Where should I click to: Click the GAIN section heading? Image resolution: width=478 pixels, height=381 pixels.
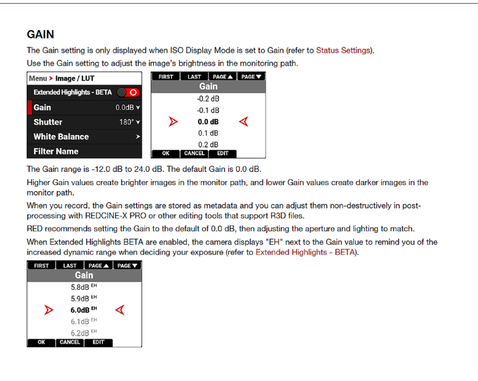(x=40, y=34)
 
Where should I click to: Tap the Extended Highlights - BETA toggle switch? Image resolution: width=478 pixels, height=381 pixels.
(x=129, y=92)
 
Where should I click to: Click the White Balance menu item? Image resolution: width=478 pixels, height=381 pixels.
(x=61, y=137)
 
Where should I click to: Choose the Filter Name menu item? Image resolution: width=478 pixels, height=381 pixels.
(x=56, y=151)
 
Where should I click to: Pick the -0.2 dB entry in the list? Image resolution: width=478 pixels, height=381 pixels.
(x=208, y=99)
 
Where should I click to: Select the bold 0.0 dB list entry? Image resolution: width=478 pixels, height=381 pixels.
(x=208, y=122)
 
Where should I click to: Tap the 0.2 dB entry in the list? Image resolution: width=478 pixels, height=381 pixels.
(x=208, y=144)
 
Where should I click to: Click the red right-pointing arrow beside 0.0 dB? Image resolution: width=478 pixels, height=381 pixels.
(x=173, y=122)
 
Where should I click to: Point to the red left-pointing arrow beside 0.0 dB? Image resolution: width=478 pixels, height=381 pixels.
(x=244, y=122)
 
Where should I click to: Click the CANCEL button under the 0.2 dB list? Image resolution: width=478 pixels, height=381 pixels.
(x=194, y=153)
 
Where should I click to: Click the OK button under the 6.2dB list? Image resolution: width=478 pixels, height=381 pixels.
(x=41, y=342)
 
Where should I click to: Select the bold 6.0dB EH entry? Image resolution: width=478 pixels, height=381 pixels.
(x=84, y=310)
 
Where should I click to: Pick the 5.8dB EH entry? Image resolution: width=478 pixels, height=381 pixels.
(x=84, y=288)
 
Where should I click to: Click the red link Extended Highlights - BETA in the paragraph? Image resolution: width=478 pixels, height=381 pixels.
(x=305, y=252)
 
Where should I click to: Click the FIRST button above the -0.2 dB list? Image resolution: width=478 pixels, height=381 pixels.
(x=166, y=77)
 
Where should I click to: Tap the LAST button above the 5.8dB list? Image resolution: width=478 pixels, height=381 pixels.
(x=70, y=265)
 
